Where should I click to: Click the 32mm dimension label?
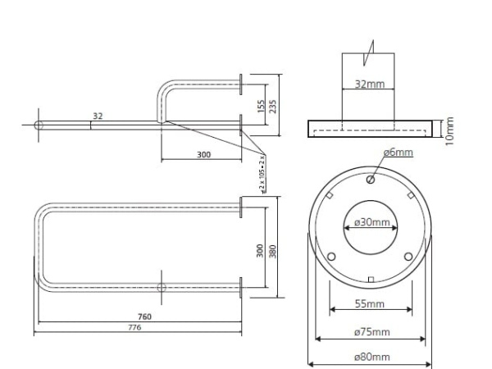[368, 84]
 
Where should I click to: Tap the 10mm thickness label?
[449, 129]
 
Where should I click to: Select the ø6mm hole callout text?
[398, 152]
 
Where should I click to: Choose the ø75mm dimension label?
[370, 332]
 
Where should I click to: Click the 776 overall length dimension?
[135, 327]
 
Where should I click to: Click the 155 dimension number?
[258, 105]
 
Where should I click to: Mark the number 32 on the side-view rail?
[98, 116]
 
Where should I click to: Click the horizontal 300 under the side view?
[203, 154]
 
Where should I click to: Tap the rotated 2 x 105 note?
[262, 172]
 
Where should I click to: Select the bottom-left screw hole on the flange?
[331, 256]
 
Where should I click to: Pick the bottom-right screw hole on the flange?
[408, 256]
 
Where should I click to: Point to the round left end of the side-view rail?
[39, 125]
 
